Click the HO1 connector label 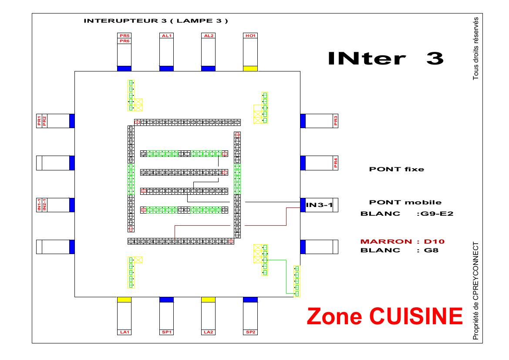click(250, 36)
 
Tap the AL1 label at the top click(166, 36)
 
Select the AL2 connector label click(208, 36)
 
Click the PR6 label click(125, 41)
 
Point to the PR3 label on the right click(335, 121)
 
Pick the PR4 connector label click(335, 163)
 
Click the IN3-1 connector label click(319, 205)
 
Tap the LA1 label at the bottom click(125, 332)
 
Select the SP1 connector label click(166, 332)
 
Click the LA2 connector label click(208, 332)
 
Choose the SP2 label click(250, 332)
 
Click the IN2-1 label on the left click(44, 205)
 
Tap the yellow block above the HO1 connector click(250, 68)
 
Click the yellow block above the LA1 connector click(125, 299)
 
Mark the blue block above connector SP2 click(250, 299)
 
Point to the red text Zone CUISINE click(384, 316)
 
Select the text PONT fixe click(396, 169)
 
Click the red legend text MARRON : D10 click(402, 241)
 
